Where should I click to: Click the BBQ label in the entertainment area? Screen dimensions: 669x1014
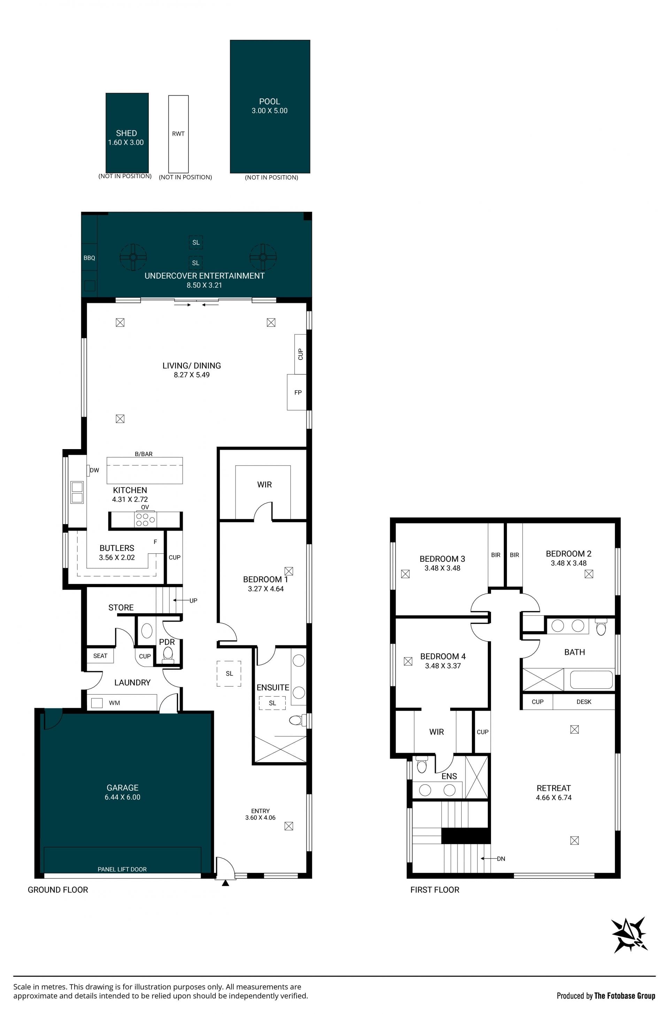click(x=89, y=258)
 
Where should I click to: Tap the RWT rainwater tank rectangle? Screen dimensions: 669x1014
click(x=178, y=134)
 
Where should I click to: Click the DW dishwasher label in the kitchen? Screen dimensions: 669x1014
click(x=94, y=470)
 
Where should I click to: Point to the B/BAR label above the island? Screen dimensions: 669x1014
click(x=144, y=454)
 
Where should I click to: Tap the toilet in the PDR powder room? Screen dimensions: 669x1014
click(x=168, y=653)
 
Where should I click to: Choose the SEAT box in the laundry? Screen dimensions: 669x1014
click(x=100, y=656)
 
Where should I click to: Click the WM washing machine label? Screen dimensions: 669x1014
click(x=114, y=703)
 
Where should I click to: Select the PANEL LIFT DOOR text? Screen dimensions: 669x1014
click(x=122, y=869)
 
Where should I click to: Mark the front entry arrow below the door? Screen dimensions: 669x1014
click(x=225, y=883)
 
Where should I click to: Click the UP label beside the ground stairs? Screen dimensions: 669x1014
click(x=193, y=600)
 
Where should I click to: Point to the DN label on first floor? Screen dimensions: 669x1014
click(x=501, y=858)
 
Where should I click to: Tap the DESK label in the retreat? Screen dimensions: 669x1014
click(x=584, y=702)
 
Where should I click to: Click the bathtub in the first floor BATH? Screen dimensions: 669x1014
click(x=591, y=680)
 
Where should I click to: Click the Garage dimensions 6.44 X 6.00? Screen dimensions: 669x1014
click(x=122, y=797)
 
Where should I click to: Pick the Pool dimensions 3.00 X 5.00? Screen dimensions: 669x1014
click(x=270, y=111)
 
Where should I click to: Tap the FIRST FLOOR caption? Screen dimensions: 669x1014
click(x=435, y=890)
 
